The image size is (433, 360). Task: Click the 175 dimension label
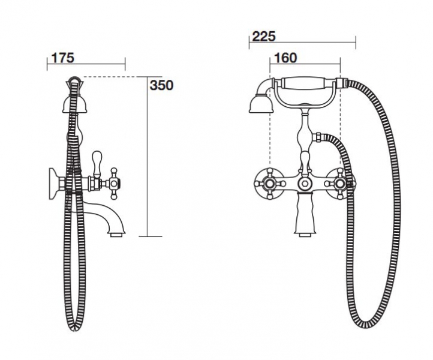click(x=63, y=58)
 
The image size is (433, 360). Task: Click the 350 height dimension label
click(x=161, y=85)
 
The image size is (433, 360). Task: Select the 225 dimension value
click(x=264, y=37)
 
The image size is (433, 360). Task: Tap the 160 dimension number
click(x=285, y=58)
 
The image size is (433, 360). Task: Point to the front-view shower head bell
click(x=260, y=104)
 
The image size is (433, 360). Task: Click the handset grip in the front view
click(x=309, y=83)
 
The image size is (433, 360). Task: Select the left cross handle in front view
click(x=270, y=184)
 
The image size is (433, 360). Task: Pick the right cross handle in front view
click(x=340, y=184)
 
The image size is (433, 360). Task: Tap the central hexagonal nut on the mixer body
click(x=305, y=183)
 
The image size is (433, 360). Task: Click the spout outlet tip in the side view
click(x=118, y=235)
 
